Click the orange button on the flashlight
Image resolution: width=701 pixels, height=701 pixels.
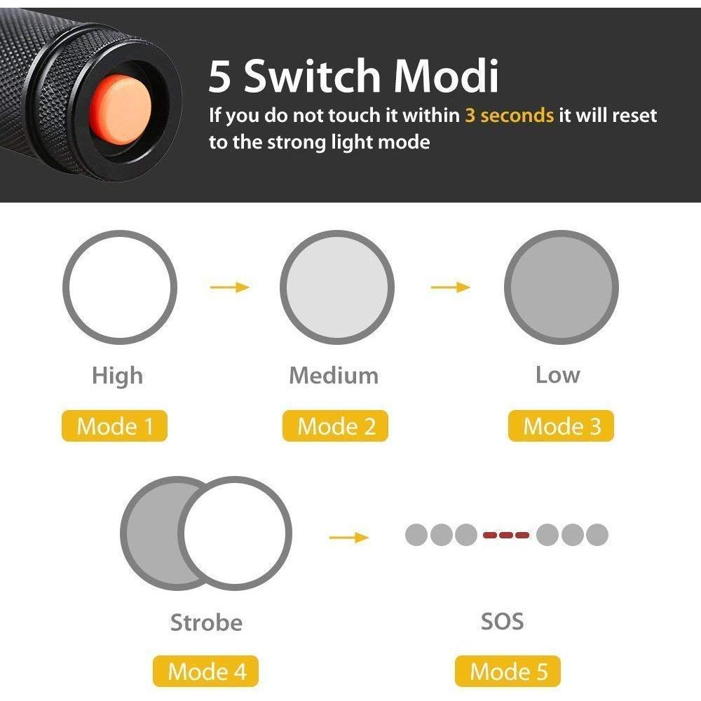click(121, 109)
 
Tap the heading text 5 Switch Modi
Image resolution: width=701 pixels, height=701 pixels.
click(353, 76)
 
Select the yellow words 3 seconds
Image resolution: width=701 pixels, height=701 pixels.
click(509, 116)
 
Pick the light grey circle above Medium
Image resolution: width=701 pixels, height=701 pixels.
click(337, 287)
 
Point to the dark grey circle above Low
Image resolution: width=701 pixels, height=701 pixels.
click(562, 287)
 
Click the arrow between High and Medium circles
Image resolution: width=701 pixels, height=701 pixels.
click(230, 287)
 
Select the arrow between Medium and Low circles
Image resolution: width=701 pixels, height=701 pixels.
click(450, 287)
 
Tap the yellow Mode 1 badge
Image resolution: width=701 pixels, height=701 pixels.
click(114, 426)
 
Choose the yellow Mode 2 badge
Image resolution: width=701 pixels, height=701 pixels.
click(335, 426)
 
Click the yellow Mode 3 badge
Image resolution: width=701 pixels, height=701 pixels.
click(561, 426)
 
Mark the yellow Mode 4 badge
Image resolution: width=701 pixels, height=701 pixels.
click(205, 671)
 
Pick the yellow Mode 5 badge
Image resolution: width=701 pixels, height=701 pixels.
click(508, 671)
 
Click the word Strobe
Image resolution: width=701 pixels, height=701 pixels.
click(206, 622)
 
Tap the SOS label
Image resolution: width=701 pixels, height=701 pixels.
click(502, 621)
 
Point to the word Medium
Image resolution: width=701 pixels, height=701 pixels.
click(334, 375)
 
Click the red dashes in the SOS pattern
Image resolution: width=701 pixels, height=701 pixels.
click(506, 535)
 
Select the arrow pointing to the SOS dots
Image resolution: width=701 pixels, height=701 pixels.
click(348, 537)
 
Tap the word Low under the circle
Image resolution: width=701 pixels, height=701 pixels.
click(558, 375)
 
